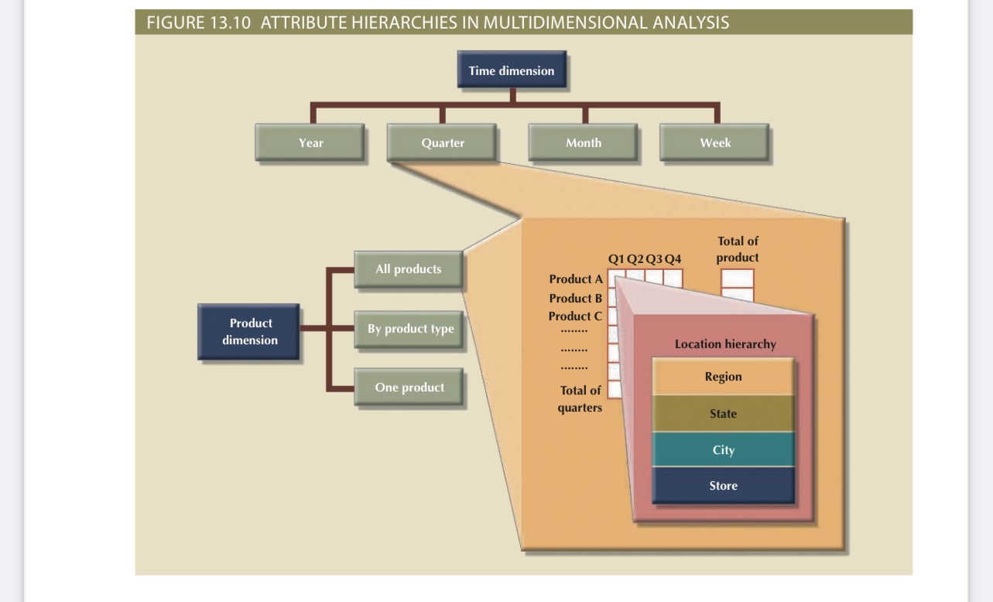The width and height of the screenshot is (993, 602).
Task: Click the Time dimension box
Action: (x=511, y=71)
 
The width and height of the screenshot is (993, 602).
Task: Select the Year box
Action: (x=310, y=142)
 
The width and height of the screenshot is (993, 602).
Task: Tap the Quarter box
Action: (x=443, y=142)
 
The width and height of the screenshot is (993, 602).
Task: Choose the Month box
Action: (x=583, y=142)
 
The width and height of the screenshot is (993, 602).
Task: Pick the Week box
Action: (x=714, y=142)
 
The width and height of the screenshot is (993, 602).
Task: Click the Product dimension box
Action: (x=249, y=331)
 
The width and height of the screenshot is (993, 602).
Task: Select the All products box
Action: (x=408, y=269)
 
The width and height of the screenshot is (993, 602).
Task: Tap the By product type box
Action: (x=410, y=329)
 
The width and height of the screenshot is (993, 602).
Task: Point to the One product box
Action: (x=409, y=388)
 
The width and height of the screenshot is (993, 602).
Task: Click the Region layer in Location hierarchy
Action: (x=723, y=377)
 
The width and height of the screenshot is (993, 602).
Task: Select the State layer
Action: (x=723, y=414)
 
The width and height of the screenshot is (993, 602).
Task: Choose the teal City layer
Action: (x=723, y=450)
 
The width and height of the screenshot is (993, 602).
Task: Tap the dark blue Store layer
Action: (x=723, y=486)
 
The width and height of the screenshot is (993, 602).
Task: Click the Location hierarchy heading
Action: (x=724, y=344)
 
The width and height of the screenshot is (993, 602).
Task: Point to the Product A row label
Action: (x=575, y=279)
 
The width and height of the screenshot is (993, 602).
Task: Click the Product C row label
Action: (x=574, y=316)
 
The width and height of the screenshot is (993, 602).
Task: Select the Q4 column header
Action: (x=673, y=258)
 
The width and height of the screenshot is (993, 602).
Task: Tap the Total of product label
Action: (x=737, y=249)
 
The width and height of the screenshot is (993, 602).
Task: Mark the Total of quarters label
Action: (x=580, y=399)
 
